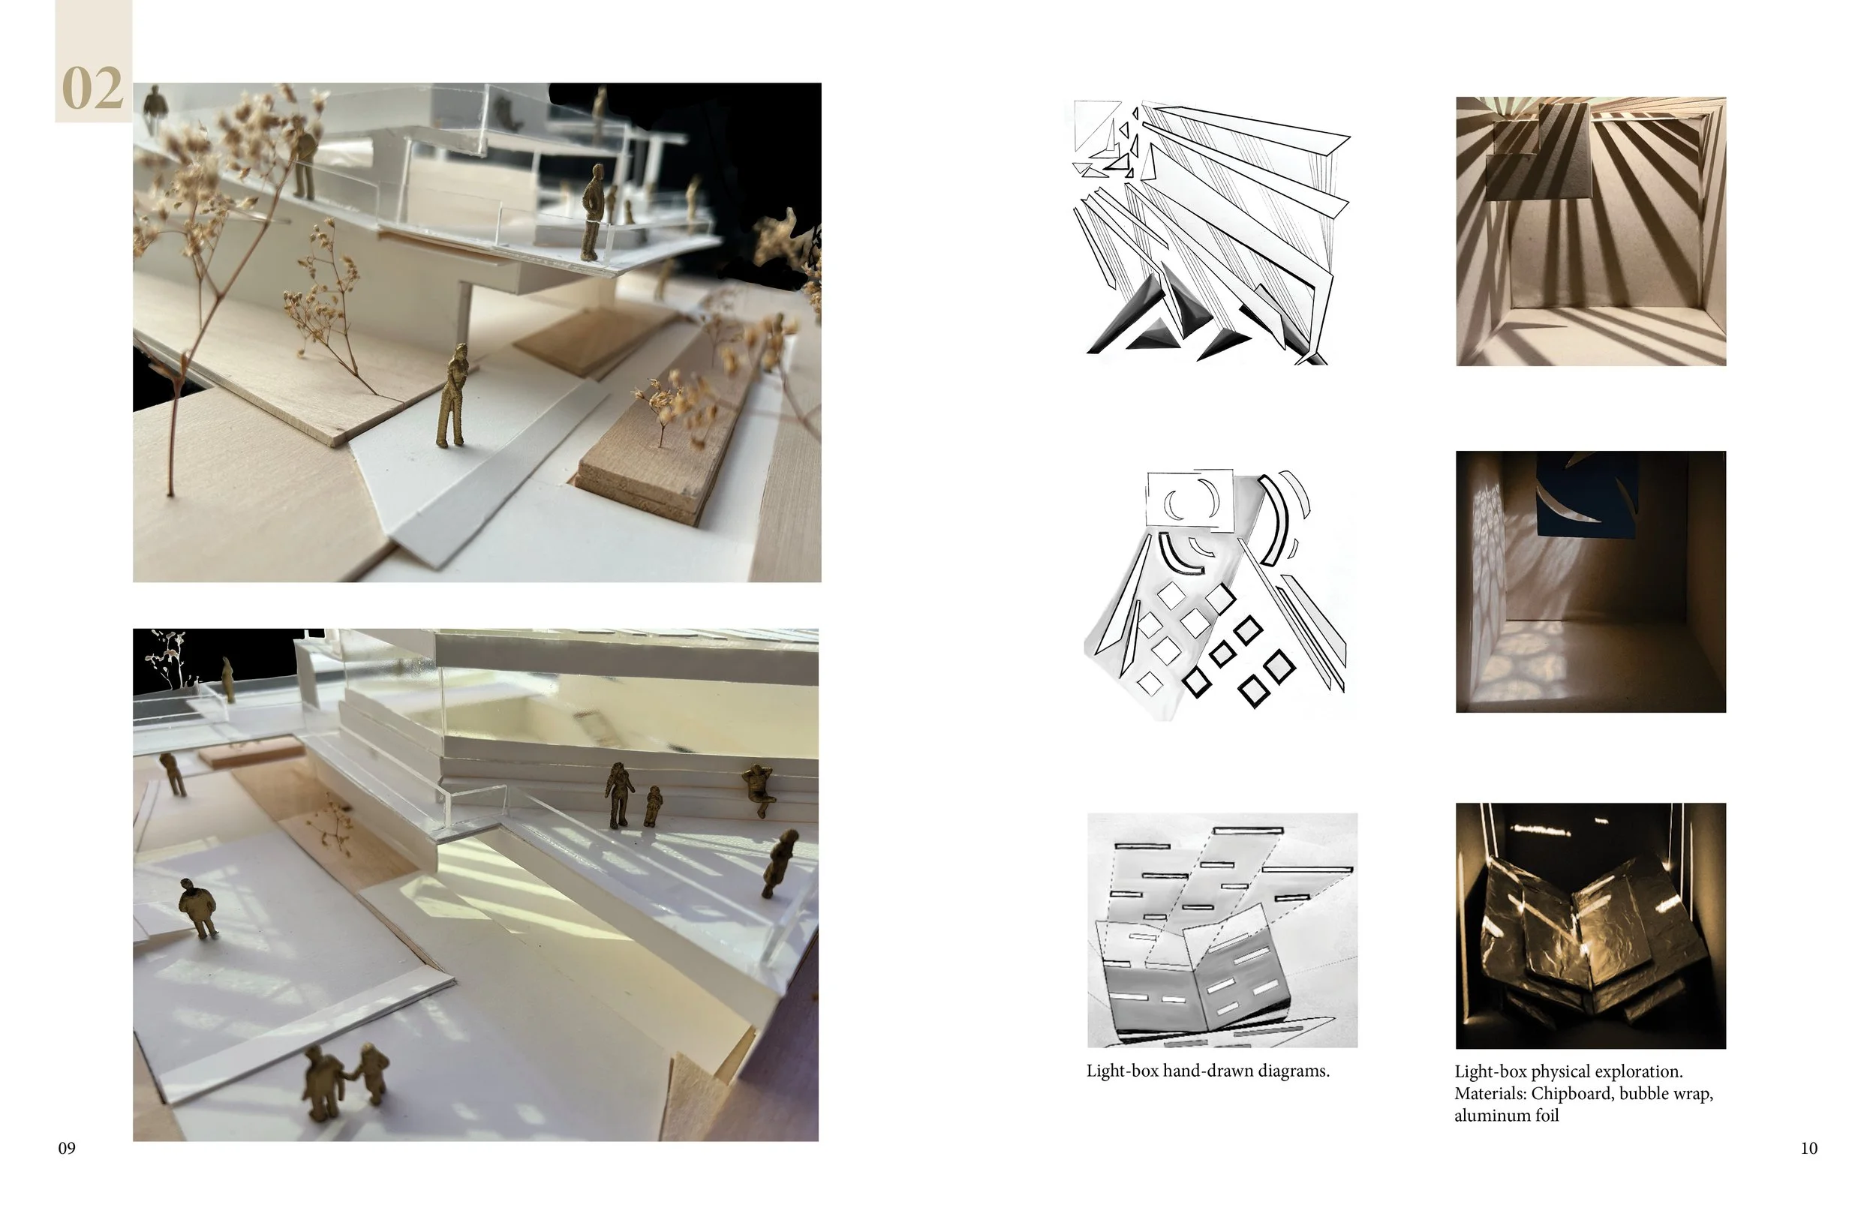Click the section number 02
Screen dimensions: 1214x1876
92,88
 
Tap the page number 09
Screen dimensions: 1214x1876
67,1149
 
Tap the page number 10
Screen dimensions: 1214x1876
1809,1149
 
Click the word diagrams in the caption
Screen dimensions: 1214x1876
1293,1071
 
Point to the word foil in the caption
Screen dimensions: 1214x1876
1544,1116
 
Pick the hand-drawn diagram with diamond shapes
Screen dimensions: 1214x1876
1215,595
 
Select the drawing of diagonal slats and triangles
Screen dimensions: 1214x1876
1210,233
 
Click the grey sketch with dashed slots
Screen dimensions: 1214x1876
1222,930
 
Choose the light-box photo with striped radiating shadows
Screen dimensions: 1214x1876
1591,231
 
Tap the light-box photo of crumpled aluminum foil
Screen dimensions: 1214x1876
1591,927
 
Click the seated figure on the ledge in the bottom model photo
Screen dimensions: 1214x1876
759,789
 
